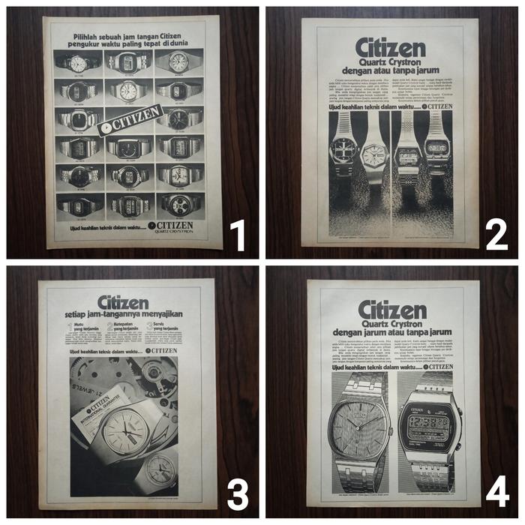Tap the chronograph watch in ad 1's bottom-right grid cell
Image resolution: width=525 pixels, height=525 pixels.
[x=178, y=204]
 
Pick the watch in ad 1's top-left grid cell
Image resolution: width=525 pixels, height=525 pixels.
[x=78, y=63]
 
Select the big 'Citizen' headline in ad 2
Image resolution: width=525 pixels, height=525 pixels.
[x=390, y=46]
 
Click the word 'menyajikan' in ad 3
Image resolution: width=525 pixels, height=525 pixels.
[x=160, y=313]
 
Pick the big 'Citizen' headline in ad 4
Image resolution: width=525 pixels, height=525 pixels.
[x=391, y=309]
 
